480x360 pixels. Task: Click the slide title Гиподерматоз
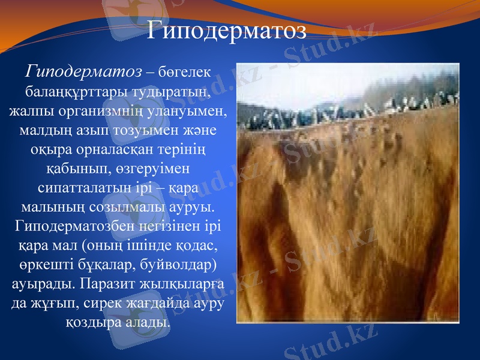point(227,30)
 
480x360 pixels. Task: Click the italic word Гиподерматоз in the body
point(83,72)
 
